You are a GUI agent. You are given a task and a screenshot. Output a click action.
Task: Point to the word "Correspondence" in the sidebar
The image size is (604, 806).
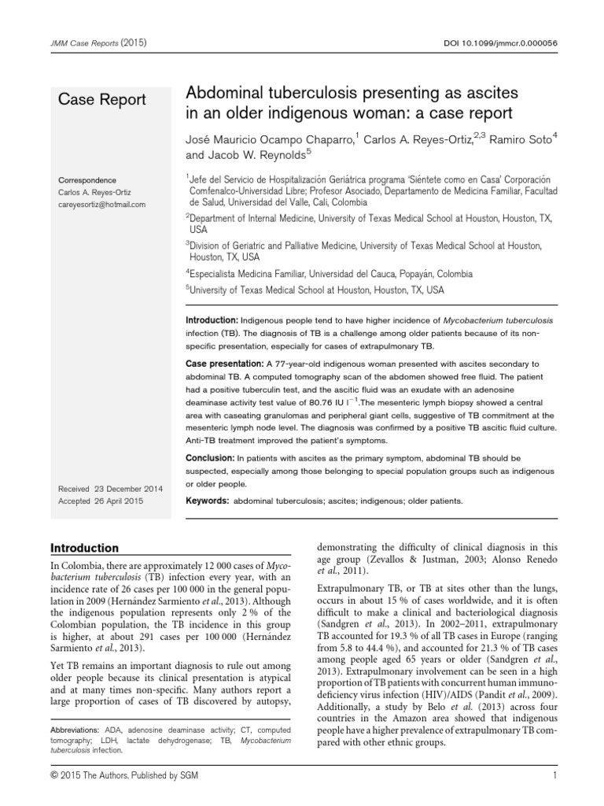[87, 179]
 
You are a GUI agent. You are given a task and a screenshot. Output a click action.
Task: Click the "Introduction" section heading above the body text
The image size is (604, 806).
[85, 548]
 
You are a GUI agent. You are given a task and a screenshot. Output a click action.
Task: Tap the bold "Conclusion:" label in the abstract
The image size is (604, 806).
[213, 457]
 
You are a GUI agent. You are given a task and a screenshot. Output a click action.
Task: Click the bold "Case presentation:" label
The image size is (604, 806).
[227, 364]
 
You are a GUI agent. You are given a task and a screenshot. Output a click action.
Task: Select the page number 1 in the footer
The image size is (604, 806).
[554, 779]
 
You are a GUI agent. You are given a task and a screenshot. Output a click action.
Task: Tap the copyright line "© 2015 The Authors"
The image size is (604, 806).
[99, 779]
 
